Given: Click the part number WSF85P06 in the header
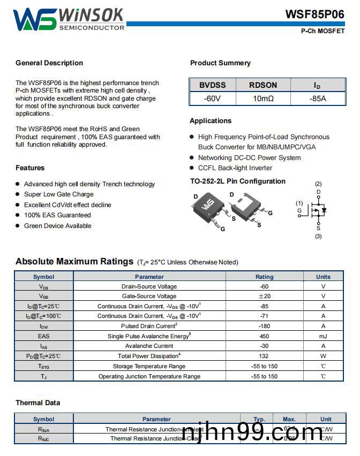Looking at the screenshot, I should tap(314, 14).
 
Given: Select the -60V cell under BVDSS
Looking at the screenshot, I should tap(213, 98).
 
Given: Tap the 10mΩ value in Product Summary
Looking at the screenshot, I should tap(263, 98).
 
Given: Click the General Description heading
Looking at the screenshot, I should tap(49, 63).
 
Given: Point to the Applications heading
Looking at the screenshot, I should tap(211, 121).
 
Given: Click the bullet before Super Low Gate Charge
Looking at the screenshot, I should tap(18, 194).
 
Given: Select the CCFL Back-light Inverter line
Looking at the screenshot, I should tap(235, 168).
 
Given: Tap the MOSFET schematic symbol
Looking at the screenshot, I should tap(319, 211).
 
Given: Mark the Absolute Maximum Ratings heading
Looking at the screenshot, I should tap(74, 262).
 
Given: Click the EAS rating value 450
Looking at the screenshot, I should tap(264, 336).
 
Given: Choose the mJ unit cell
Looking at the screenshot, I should tap(323, 336).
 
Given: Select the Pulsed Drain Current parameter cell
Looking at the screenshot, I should tap(149, 326).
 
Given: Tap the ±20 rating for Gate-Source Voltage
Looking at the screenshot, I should tap(264, 296).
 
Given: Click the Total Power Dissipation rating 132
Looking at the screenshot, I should tap(264, 356).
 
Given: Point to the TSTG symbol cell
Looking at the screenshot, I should tap(43, 366).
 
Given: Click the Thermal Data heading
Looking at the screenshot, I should tap(37, 403).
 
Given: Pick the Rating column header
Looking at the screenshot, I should tap(264, 277).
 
